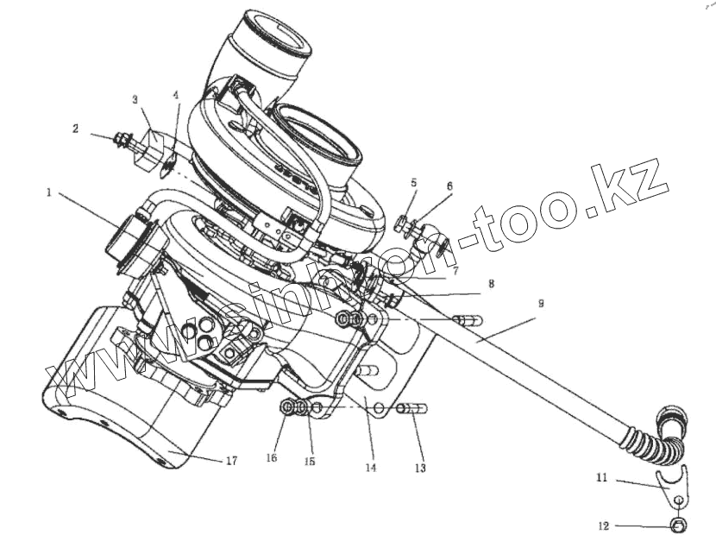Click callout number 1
coord(49,193)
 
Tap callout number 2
coord(76,129)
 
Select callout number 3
coord(135,100)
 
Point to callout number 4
coord(176,95)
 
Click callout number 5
coord(414,183)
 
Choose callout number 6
coord(449,186)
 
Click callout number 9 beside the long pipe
coord(540,303)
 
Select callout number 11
coord(601,476)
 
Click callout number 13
coord(420,469)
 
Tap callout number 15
coord(310,462)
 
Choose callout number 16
coord(273,458)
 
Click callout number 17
coord(230,462)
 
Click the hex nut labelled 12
coord(678,525)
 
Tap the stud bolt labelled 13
coord(411,408)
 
